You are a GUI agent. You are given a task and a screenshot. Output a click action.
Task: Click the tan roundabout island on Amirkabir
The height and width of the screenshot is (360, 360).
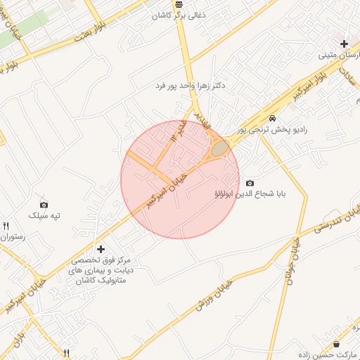pyautogui.click(x=220, y=148)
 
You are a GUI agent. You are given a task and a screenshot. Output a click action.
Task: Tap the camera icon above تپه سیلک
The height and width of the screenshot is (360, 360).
pyautogui.click(x=44, y=203)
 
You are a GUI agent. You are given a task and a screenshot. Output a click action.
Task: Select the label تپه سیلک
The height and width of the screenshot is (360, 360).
pyautogui.click(x=44, y=215)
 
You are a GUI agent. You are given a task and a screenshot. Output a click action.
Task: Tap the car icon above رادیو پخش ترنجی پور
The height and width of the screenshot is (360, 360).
pyautogui.click(x=272, y=118)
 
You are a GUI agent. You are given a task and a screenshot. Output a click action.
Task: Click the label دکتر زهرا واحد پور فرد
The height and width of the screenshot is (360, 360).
pyautogui.click(x=190, y=86)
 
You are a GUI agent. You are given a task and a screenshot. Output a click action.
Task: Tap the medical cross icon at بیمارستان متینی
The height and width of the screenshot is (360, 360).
pyautogui.click(x=343, y=44)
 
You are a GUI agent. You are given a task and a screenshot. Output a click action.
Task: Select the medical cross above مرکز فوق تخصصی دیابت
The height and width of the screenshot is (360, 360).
pyautogui.click(x=101, y=249)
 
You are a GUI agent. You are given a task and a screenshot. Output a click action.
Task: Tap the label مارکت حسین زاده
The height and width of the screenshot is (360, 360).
pyautogui.click(x=324, y=355)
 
